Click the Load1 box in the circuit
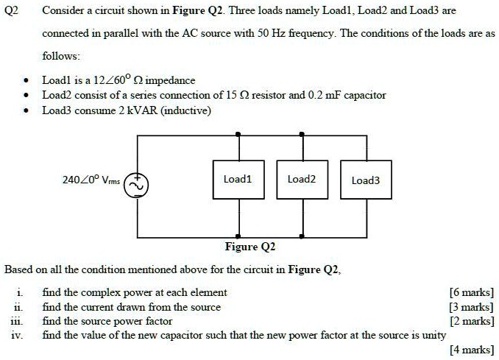click(237, 180)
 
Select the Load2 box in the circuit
click(302, 180)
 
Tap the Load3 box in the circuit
click(366, 180)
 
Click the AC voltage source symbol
click(135, 186)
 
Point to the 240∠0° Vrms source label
click(92, 178)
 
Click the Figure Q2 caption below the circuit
click(250, 247)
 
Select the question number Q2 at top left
click(13, 12)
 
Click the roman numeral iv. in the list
click(17, 334)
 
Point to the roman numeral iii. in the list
click(17, 321)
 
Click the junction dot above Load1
click(237, 135)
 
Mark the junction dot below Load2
click(302, 237)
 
